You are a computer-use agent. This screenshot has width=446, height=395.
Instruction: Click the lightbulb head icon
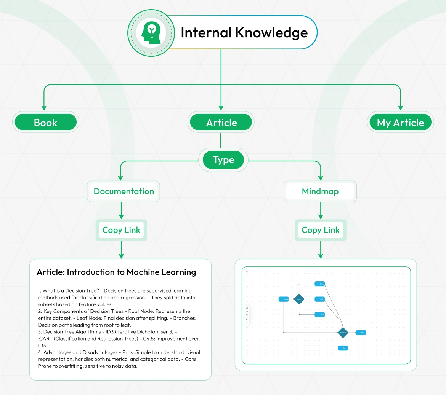tap(151, 33)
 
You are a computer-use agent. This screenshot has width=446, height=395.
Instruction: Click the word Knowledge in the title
tap(271, 33)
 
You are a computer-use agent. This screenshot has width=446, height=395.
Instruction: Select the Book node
tap(45, 123)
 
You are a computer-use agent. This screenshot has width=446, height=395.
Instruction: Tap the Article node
tap(221, 123)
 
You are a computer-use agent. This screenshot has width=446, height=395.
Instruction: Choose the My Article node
tap(400, 123)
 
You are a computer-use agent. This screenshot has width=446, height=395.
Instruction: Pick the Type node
tap(223, 160)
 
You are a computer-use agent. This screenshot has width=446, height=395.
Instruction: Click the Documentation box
tap(124, 191)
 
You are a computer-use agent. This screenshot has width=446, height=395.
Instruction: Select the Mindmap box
tap(320, 191)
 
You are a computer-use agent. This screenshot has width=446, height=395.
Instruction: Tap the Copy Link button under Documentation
tap(121, 230)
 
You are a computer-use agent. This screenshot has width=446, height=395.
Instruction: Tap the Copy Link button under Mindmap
tap(321, 230)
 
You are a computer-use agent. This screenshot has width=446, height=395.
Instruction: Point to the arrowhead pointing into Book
tap(44, 108)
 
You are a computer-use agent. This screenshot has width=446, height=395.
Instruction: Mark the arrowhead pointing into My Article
tap(400, 108)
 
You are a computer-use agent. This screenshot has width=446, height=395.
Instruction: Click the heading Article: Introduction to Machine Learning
tap(116, 272)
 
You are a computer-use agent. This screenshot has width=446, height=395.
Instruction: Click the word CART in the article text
tap(45, 339)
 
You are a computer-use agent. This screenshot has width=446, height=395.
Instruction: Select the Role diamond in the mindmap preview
tap(299, 299)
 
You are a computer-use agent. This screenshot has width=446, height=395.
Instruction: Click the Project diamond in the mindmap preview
tap(343, 333)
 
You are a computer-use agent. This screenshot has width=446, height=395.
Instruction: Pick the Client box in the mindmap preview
tap(319, 284)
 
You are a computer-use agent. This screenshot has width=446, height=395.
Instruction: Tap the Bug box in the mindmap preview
tap(343, 348)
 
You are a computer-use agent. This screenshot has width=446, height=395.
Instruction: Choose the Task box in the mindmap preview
tap(361, 333)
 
